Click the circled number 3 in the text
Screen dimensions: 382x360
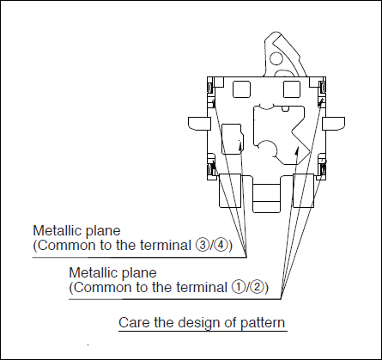[x=202, y=246]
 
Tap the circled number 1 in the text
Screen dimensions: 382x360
[x=238, y=287]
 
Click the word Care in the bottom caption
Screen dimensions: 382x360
[x=134, y=322]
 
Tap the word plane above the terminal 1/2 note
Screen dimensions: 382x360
[x=139, y=273]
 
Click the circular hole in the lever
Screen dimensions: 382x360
[x=276, y=58]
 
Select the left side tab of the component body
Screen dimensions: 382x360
[x=199, y=123]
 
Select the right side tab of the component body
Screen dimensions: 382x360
[x=334, y=123]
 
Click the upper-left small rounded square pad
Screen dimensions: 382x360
[x=241, y=89]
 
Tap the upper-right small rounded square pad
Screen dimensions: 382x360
[x=292, y=89]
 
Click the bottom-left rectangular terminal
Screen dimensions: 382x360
[x=230, y=191]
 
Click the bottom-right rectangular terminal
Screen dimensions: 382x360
[x=304, y=191]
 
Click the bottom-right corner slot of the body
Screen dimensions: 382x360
[x=323, y=169]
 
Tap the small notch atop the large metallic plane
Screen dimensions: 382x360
[x=285, y=108]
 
